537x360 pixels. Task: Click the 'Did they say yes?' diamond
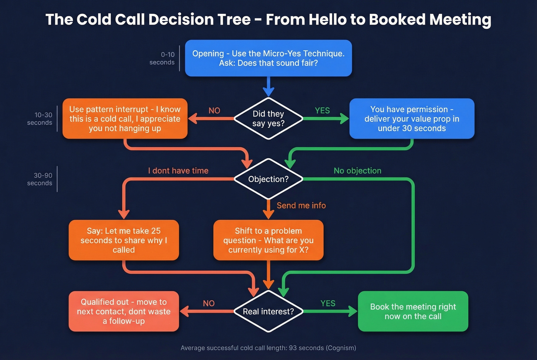pyautogui.click(x=268, y=118)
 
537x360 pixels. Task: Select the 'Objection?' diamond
pyautogui.click(x=268, y=179)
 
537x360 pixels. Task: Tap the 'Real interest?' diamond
pyautogui.click(x=268, y=311)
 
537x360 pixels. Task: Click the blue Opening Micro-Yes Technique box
pyautogui.click(x=268, y=58)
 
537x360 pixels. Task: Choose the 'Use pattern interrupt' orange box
pyautogui.click(x=125, y=119)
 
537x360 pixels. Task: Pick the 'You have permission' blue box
pyautogui.click(x=412, y=119)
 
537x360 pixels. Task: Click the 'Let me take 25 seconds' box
pyautogui.click(x=124, y=240)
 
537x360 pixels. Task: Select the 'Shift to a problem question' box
pyautogui.click(x=268, y=240)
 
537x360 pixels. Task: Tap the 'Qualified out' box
pyautogui.click(x=124, y=311)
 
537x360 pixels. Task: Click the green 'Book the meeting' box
pyautogui.click(x=413, y=311)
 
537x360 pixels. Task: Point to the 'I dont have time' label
pyautogui.click(x=178, y=171)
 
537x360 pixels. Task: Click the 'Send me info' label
pyautogui.click(x=301, y=205)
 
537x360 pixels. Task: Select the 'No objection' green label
pyautogui.click(x=357, y=171)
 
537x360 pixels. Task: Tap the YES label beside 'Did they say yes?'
pyautogui.click(x=322, y=110)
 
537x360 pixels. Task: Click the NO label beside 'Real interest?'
pyautogui.click(x=209, y=303)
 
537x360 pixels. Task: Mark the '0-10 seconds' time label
pyautogui.click(x=162, y=58)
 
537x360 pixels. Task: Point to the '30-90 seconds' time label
pyautogui.click(x=40, y=179)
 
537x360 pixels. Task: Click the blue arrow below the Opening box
pyautogui.click(x=268, y=87)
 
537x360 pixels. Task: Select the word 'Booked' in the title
pyautogui.click(x=397, y=19)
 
